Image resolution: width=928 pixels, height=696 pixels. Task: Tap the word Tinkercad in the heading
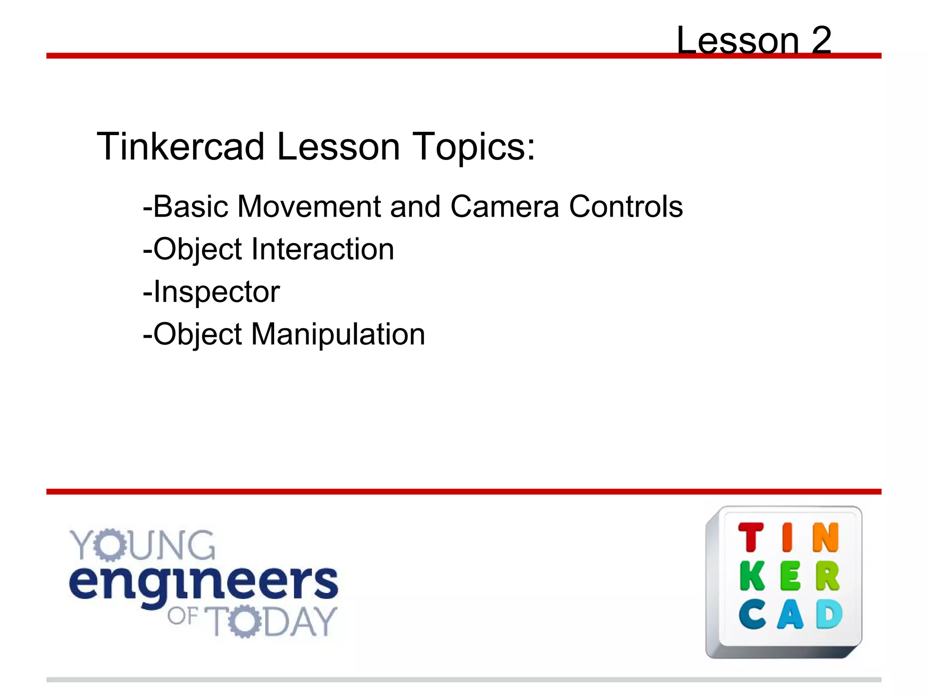[180, 147]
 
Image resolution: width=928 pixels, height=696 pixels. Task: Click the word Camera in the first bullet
[504, 207]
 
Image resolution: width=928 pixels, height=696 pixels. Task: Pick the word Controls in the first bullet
[626, 207]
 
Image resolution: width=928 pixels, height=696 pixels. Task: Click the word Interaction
[322, 249]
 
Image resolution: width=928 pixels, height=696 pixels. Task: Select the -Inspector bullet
[211, 292]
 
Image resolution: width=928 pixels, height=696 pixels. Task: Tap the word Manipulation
[338, 334]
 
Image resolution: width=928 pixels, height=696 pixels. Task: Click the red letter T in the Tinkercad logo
[751, 537]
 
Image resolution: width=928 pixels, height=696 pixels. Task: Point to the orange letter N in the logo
[826, 537]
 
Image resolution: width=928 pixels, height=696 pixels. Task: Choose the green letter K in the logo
[753, 576]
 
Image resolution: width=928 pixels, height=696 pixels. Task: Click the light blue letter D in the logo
[829, 614]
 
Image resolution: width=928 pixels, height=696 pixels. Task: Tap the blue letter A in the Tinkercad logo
[790, 614]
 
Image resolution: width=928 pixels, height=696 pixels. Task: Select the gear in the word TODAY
[245, 621]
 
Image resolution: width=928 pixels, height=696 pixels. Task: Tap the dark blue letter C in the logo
[752, 614]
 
